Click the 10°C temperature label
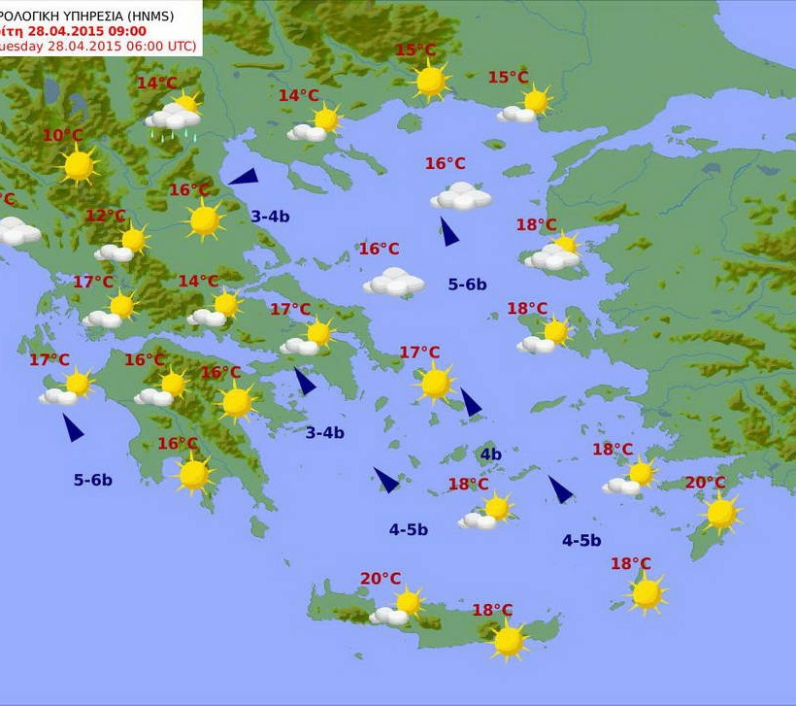(63, 135)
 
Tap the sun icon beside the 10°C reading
(79, 165)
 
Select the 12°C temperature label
(106, 216)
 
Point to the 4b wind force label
(490, 454)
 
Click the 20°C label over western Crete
(381, 579)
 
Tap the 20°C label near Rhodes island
(705, 483)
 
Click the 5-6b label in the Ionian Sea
(93, 480)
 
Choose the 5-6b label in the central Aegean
(467, 285)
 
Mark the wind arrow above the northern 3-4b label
(244, 177)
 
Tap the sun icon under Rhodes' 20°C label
(721, 513)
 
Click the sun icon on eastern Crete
(508, 640)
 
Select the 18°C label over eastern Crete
(492, 610)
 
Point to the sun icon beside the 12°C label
(133, 239)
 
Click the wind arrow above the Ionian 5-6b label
(73, 427)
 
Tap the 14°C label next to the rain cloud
(157, 84)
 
